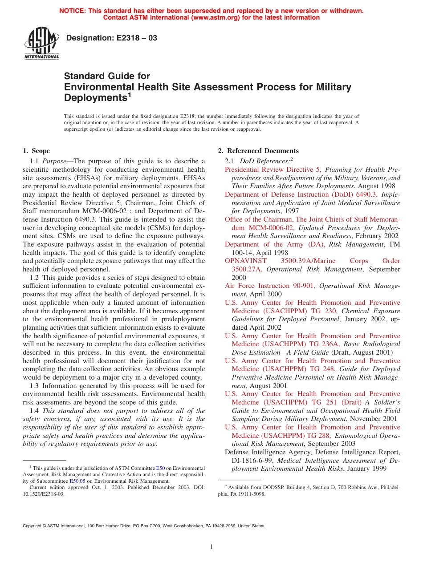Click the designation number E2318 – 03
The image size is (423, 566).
[111, 38]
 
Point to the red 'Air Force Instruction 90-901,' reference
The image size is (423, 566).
[270, 286]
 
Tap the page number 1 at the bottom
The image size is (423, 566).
[211, 547]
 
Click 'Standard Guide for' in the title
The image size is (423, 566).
[107, 76]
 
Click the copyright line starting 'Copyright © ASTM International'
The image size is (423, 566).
[144, 526]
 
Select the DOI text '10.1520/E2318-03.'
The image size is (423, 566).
[43, 493]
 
